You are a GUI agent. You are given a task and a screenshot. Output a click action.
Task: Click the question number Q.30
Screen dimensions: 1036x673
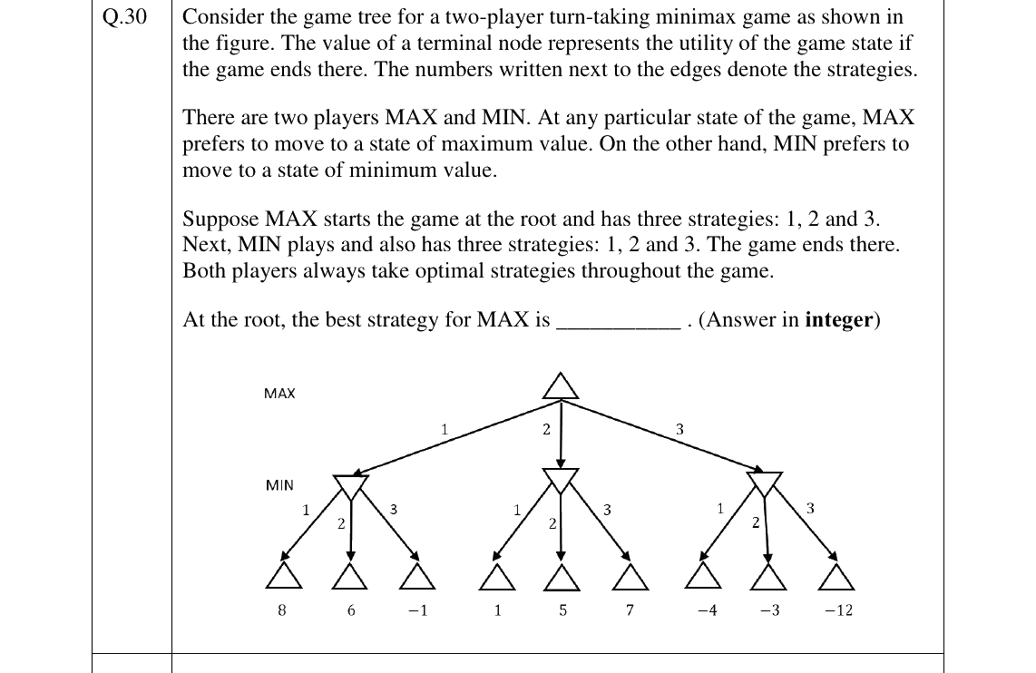click(124, 16)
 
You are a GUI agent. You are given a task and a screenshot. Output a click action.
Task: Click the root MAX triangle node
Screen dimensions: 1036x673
click(561, 387)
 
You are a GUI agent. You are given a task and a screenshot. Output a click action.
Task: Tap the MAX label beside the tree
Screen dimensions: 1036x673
click(279, 394)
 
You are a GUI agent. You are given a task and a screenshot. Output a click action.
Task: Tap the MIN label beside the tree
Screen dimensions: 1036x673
click(279, 485)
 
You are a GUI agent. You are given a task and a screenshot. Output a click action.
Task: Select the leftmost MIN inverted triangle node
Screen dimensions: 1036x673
click(351, 487)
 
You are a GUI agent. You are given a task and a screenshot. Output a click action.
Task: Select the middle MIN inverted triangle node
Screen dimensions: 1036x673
click(561, 480)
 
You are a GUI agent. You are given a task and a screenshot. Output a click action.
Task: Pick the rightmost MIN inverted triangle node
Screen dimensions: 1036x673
click(765, 483)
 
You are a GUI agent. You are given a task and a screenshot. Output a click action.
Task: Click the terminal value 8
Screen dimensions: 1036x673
click(282, 610)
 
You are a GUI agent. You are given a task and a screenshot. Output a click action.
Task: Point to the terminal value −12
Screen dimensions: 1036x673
click(838, 610)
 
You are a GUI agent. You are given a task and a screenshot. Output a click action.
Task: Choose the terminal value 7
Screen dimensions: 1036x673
click(630, 610)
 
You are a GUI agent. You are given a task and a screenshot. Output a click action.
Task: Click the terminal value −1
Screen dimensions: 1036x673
click(417, 610)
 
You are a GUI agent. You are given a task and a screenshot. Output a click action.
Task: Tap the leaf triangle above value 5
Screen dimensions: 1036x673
click(562, 577)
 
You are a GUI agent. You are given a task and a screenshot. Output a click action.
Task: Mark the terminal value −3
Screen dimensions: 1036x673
click(769, 610)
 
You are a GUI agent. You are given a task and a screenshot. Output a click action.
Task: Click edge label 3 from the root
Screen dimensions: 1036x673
click(679, 429)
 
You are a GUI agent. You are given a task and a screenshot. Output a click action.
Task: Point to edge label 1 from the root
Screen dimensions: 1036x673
click(445, 429)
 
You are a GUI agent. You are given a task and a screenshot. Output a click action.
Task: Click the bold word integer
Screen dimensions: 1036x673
click(839, 320)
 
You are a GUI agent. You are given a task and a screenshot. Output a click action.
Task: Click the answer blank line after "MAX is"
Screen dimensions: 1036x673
click(619, 327)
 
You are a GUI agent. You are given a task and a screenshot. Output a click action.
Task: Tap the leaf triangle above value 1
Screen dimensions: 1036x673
click(497, 577)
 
